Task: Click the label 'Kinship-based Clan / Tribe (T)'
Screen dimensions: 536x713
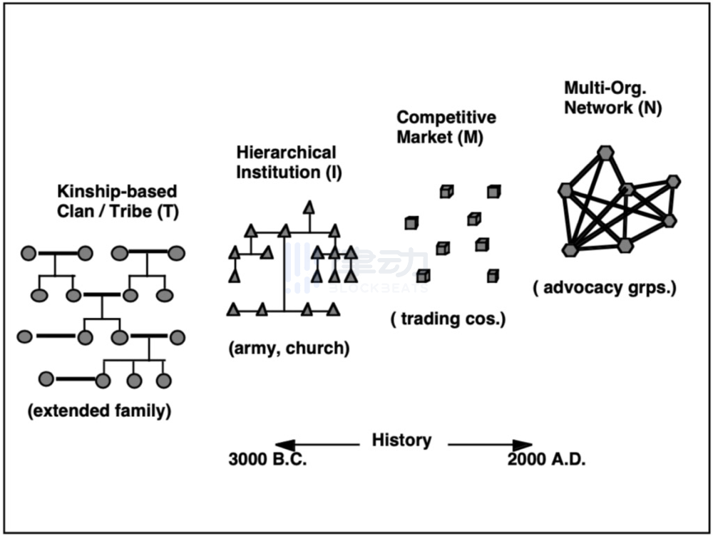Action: pyautogui.click(x=118, y=202)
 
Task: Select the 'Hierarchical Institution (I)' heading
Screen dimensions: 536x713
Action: pyautogui.click(x=286, y=162)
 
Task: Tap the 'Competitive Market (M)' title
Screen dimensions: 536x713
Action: pyautogui.click(x=446, y=127)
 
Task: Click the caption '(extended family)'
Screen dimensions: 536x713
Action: pyautogui.click(x=100, y=411)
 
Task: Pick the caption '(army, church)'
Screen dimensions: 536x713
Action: pyautogui.click(x=289, y=349)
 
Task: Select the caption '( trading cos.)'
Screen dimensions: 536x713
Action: pyautogui.click(x=448, y=319)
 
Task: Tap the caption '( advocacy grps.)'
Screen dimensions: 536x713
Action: pyautogui.click(x=604, y=288)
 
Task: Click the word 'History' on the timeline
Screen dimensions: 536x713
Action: pyautogui.click(x=401, y=440)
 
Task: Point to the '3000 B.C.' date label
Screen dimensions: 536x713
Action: pyautogui.click(x=267, y=459)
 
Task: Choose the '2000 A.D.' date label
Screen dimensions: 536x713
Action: pyautogui.click(x=546, y=459)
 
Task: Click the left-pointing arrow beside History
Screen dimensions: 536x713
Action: pyautogui.click(x=317, y=445)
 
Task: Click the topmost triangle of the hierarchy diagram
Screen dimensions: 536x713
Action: pyautogui.click(x=309, y=207)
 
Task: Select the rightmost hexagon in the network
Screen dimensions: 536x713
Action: pyautogui.click(x=673, y=182)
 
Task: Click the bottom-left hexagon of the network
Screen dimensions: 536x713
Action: pyautogui.click(x=569, y=249)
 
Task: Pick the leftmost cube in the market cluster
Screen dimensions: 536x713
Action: pyautogui.click(x=411, y=223)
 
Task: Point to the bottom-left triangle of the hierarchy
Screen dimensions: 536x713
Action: pyautogui.click(x=232, y=309)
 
